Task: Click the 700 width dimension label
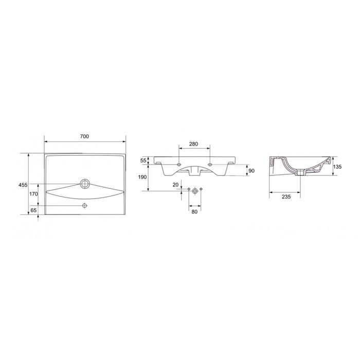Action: tap(84, 136)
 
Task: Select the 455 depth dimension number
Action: tap(23, 185)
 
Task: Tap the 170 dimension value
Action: tap(33, 194)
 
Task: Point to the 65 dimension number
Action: tap(33, 210)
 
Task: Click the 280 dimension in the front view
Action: tap(193, 144)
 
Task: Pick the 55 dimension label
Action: tap(143, 160)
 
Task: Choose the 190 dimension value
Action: tap(142, 177)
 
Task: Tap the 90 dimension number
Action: tap(251, 171)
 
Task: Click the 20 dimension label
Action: tap(175, 185)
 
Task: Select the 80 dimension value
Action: tap(194, 212)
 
